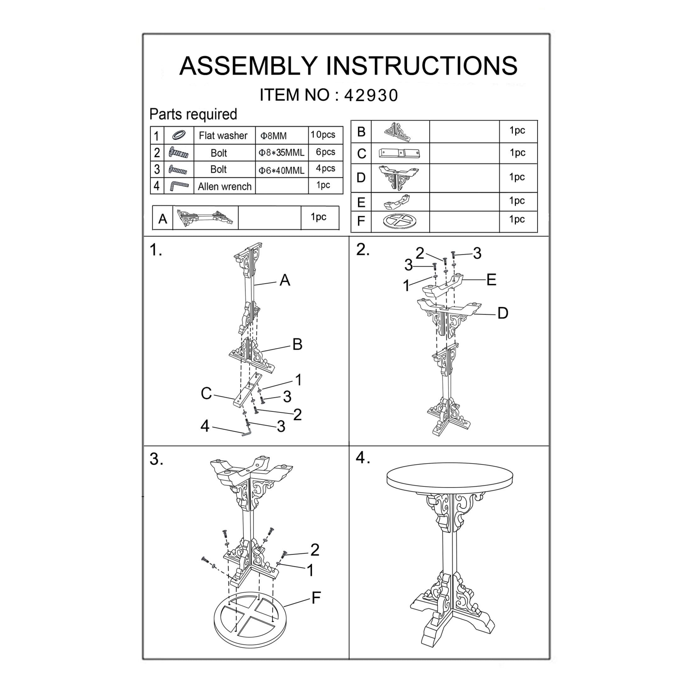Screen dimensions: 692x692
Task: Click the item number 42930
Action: coord(371,95)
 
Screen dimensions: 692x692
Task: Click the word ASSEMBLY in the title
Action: coord(248,66)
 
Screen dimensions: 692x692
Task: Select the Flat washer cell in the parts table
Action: coord(223,135)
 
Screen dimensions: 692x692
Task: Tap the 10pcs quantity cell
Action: coord(323,135)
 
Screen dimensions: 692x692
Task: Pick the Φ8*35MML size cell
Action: coord(281,153)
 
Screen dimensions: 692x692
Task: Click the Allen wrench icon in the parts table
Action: coord(179,186)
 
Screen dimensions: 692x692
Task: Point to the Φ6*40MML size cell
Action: coord(281,170)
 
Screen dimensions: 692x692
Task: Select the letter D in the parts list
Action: coord(361,178)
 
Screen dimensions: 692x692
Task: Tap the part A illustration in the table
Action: coord(205,217)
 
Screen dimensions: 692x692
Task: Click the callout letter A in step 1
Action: coord(285,280)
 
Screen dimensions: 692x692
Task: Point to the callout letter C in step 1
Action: coord(206,393)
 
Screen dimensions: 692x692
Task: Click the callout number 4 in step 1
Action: coord(204,426)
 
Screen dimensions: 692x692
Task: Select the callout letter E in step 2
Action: coord(491,280)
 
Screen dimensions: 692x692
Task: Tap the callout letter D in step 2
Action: coord(503,313)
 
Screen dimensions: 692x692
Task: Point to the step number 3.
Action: coord(155,459)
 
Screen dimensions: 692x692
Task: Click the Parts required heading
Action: coord(193,114)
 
